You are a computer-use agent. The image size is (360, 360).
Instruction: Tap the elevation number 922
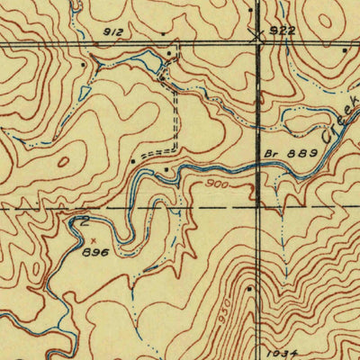click(283, 30)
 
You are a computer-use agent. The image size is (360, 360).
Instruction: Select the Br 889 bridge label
click(292, 154)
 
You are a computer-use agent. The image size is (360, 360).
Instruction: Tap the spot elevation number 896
click(95, 253)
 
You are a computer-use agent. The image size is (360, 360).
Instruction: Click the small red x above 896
click(97, 240)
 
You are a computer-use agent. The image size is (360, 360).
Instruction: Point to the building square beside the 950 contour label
click(248, 289)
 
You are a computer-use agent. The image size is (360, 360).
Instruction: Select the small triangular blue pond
click(84, 93)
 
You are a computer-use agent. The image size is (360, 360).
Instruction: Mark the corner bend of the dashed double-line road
click(175, 148)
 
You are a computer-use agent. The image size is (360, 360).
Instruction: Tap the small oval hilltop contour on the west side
click(64, 162)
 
